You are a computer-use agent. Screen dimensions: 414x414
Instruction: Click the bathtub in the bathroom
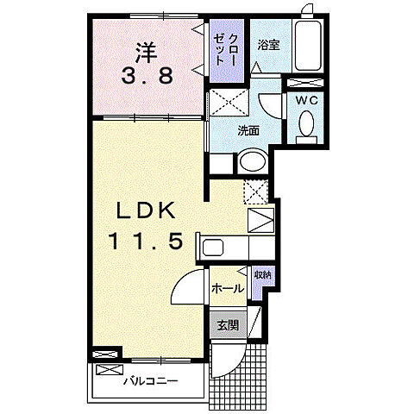point(309,48)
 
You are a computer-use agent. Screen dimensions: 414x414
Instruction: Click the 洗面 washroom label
point(249,131)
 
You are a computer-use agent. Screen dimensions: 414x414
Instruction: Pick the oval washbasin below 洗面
point(254,161)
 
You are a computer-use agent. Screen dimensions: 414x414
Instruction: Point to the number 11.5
point(145,242)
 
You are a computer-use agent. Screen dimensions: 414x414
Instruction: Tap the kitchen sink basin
point(214,248)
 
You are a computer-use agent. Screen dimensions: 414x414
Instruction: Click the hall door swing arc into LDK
point(185,289)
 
